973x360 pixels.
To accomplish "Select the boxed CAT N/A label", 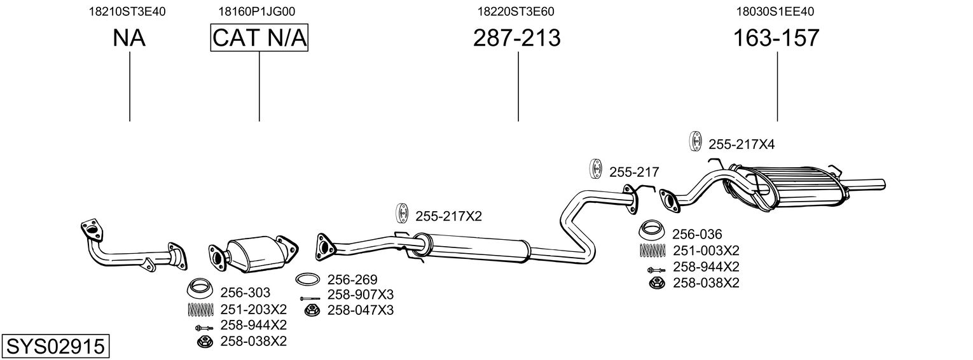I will pyautogui.click(x=259, y=38).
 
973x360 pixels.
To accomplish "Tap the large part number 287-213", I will pyautogui.click(x=516, y=38).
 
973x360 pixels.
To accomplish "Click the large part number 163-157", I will pyautogui.click(x=776, y=38).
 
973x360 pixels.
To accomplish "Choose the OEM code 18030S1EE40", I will pyautogui.click(x=775, y=11).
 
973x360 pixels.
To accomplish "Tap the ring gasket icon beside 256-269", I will pyautogui.click(x=308, y=279).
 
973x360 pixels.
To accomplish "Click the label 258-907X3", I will pyautogui.click(x=361, y=294).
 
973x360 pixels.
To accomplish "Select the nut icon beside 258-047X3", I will pyautogui.click(x=312, y=310).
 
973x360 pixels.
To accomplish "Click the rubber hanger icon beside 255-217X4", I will pyautogui.click(x=695, y=142).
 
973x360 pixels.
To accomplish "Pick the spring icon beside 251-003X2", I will pyautogui.click(x=652, y=250).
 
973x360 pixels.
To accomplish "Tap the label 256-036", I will pyautogui.click(x=698, y=233).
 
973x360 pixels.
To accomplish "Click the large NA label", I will pyautogui.click(x=129, y=38).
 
